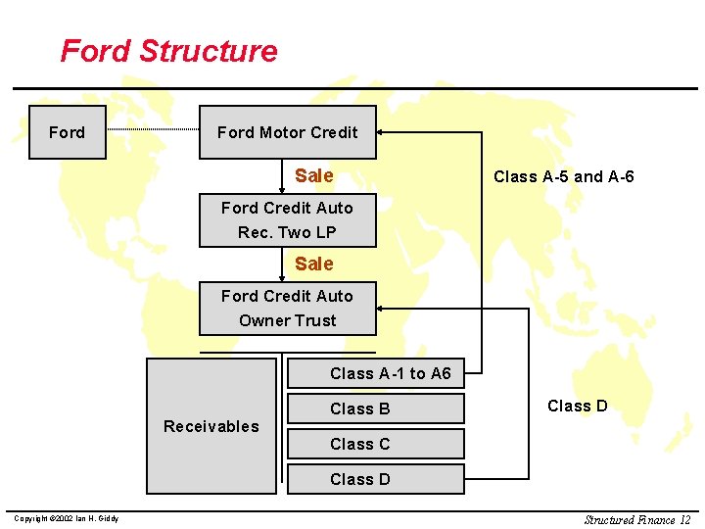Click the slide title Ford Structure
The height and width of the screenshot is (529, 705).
(168, 51)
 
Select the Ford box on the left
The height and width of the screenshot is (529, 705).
(67, 132)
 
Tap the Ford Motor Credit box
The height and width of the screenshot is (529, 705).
(287, 132)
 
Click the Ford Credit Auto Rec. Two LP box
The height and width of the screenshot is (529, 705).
(287, 220)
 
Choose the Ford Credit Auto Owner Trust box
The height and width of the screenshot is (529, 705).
(287, 309)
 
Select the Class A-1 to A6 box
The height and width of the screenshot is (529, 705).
(375, 373)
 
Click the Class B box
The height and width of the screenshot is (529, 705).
(375, 409)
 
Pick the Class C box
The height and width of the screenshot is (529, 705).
(375, 444)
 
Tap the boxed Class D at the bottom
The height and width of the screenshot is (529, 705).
(375, 479)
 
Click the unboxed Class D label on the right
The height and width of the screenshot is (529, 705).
(577, 406)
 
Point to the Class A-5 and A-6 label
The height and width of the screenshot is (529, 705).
(563, 176)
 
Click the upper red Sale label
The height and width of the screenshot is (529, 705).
(313, 175)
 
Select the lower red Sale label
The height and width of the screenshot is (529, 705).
(313, 264)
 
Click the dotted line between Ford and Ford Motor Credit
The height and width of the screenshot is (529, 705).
(153, 130)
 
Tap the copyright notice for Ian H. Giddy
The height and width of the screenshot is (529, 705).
(65, 518)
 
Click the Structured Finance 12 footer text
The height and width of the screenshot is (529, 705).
(636, 519)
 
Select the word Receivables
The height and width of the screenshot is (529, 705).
(211, 426)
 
